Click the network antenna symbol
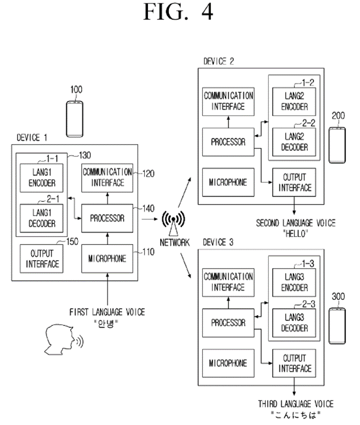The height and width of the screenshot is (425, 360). [173, 222]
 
